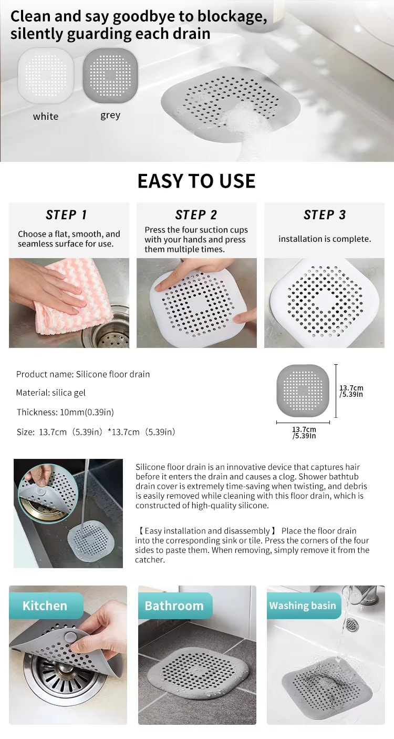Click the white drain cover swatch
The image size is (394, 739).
point(46,76)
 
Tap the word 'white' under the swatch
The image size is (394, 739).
point(46,117)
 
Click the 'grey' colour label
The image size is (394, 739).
point(110,116)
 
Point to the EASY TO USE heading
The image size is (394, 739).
point(196,181)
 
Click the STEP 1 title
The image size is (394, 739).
point(66,215)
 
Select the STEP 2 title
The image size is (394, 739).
point(196,215)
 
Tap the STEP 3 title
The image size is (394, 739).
point(325,215)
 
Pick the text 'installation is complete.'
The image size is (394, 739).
point(325,239)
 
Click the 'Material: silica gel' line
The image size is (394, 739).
point(51,393)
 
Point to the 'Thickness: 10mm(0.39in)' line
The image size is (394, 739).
point(65,412)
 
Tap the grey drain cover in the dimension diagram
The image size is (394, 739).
point(303,391)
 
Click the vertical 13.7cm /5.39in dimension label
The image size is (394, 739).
point(351,391)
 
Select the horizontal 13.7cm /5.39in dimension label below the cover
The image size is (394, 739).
point(304,433)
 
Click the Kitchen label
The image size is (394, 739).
point(45,605)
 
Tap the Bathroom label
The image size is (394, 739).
point(174,605)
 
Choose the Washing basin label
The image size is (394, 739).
point(303,605)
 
